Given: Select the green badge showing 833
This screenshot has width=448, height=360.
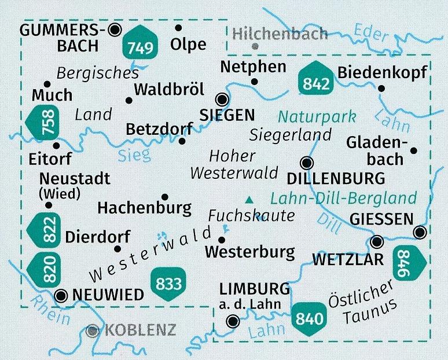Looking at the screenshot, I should click(x=169, y=283).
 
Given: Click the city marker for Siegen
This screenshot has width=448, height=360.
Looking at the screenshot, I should click(x=221, y=98).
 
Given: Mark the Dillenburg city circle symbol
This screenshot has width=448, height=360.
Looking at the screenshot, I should click(x=307, y=163).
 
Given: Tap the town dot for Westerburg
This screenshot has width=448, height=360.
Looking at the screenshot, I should click(x=221, y=239).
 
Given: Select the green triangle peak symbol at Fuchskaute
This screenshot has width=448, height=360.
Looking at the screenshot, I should click(x=249, y=200).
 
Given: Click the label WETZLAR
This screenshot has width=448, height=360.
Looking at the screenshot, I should click(x=347, y=260).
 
